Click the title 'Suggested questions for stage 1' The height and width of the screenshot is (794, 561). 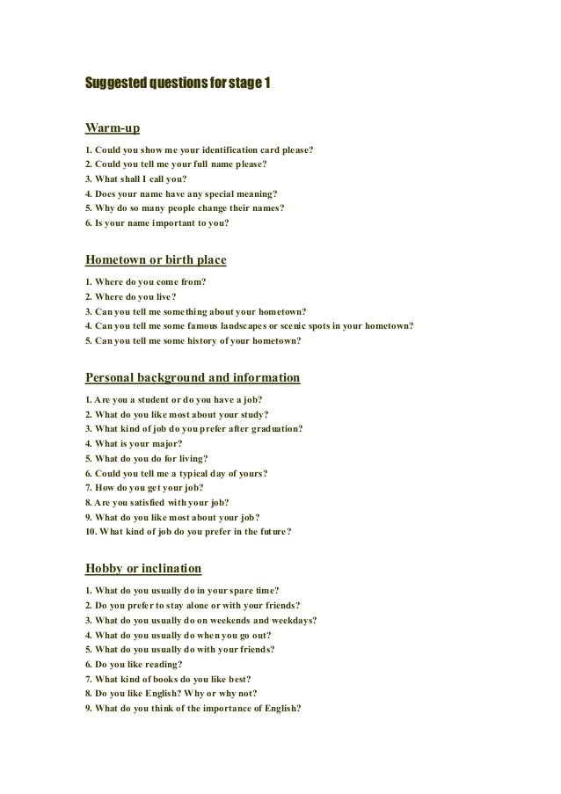178,84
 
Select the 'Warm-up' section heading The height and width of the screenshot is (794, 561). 113,129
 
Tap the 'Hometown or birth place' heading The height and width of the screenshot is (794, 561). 156,260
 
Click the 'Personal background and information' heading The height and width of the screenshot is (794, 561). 193,378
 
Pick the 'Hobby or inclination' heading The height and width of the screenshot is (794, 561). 143,567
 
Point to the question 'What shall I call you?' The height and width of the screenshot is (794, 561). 135,178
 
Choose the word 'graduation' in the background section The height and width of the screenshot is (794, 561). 273,428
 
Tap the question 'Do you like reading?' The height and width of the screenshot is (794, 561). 134,663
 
